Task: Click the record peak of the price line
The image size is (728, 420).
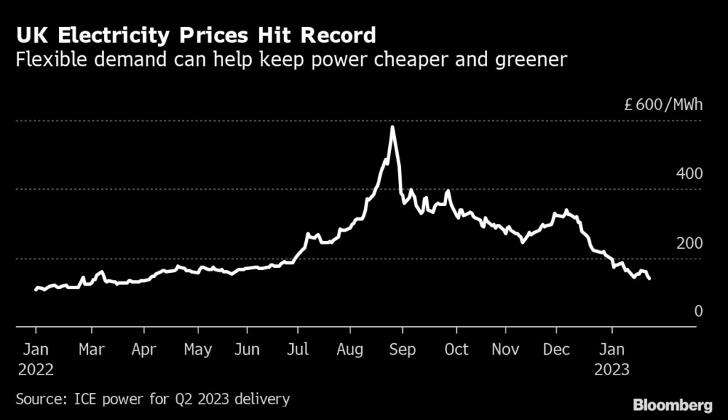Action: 392,128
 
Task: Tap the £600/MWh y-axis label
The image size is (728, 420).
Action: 663,105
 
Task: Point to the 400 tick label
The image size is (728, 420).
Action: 689,173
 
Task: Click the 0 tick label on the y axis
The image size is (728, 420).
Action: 698,311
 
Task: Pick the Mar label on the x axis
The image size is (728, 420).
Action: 92,349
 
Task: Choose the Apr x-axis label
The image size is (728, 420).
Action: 144,349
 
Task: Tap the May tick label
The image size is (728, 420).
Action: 198,349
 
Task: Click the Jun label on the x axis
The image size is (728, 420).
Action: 247,349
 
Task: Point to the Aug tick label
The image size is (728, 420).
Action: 350,349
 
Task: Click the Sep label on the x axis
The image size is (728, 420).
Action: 403,349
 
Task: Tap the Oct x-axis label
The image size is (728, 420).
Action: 456,349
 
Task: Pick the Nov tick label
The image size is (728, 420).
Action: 506,349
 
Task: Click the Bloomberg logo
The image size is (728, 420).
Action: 673,406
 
